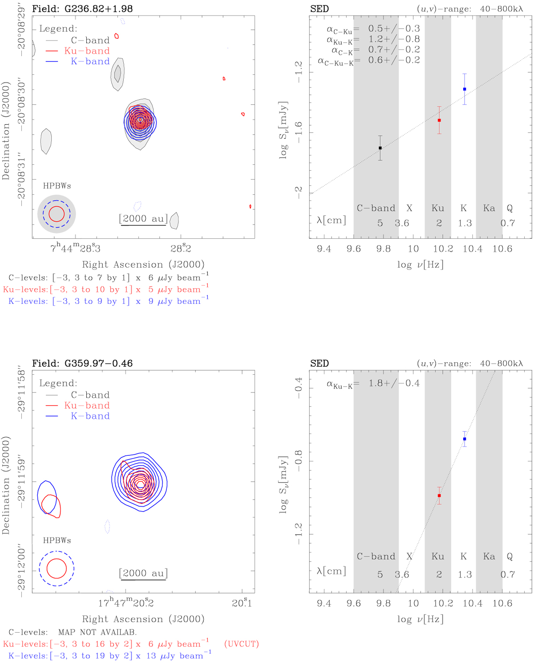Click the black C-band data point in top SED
[380, 148]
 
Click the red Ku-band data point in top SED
[439, 120]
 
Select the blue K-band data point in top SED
[465, 89]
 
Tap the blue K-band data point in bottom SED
[465, 439]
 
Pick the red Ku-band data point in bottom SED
[439, 495]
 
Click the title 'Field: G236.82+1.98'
[82, 8]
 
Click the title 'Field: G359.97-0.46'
[82, 363]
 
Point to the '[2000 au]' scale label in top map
[143, 218]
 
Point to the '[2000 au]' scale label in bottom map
[143, 573]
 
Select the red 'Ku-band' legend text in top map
[87, 51]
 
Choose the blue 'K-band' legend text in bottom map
[90, 416]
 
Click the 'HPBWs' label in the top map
[57, 186]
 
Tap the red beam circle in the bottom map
[57, 569]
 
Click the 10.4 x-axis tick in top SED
[473, 249]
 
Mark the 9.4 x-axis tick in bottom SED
[324, 603]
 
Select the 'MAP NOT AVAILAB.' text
[97, 632]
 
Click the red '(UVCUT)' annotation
[241, 644]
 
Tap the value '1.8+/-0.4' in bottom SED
[394, 383]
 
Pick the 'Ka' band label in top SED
[489, 208]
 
